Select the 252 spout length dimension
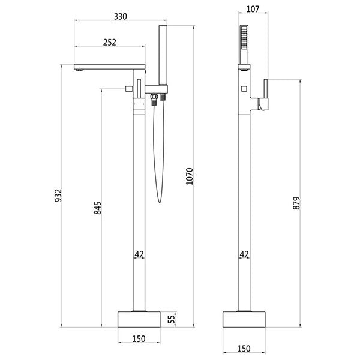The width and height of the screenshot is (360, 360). point(109,42)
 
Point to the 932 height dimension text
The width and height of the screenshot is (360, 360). point(58,197)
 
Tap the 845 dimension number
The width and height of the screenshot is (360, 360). point(98,207)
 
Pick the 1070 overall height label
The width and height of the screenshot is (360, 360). point(190,176)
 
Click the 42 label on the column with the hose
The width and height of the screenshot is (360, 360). point(139,255)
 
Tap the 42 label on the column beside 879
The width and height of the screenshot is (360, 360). point(244,255)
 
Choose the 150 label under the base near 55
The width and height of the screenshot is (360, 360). point(139,338)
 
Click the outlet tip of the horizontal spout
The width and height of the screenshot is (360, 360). point(79,70)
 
